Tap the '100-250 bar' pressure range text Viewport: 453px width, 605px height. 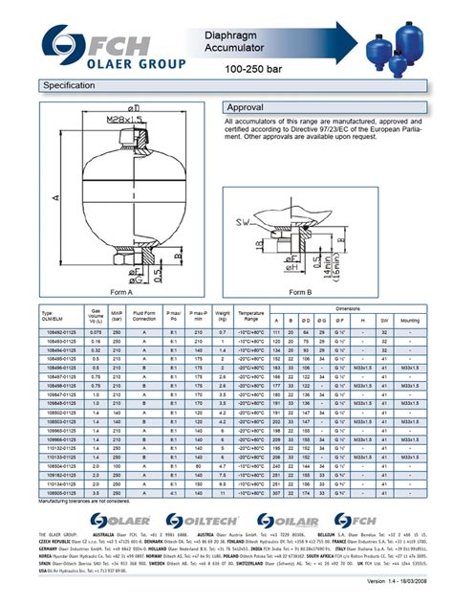(252, 71)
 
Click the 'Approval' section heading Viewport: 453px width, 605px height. (250, 107)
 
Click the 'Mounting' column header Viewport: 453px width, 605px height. (411, 320)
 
